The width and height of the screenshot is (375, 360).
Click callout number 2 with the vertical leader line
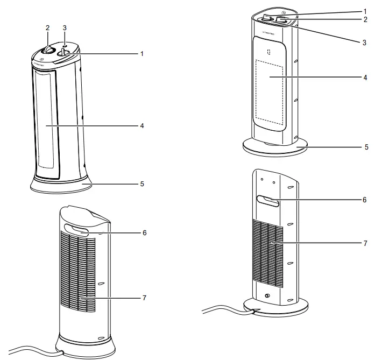click(x=47, y=27)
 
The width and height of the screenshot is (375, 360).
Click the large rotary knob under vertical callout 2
click(x=47, y=50)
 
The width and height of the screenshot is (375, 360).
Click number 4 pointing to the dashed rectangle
click(x=365, y=77)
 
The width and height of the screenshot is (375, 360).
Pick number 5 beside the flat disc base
click(x=365, y=146)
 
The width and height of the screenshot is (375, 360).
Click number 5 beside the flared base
click(x=142, y=183)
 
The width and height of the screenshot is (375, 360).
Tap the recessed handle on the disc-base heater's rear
click(x=268, y=201)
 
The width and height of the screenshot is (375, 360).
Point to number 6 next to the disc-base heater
click(x=365, y=200)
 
